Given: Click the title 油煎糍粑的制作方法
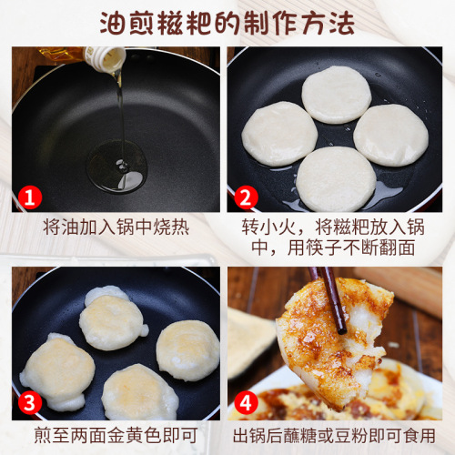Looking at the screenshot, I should [x=227, y=22].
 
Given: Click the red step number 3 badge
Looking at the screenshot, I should [x=30, y=401].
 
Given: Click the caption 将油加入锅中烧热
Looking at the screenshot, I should [x=116, y=227].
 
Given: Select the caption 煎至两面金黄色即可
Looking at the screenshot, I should [x=116, y=435].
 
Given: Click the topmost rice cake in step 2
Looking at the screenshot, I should [x=336, y=94].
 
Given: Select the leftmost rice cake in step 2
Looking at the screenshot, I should [x=278, y=133].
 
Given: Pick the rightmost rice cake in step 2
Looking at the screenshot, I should [x=390, y=134].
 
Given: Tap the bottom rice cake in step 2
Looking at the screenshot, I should [x=335, y=177].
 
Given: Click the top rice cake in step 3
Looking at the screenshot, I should [x=113, y=318].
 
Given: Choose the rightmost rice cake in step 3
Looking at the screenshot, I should [x=187, y=350].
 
